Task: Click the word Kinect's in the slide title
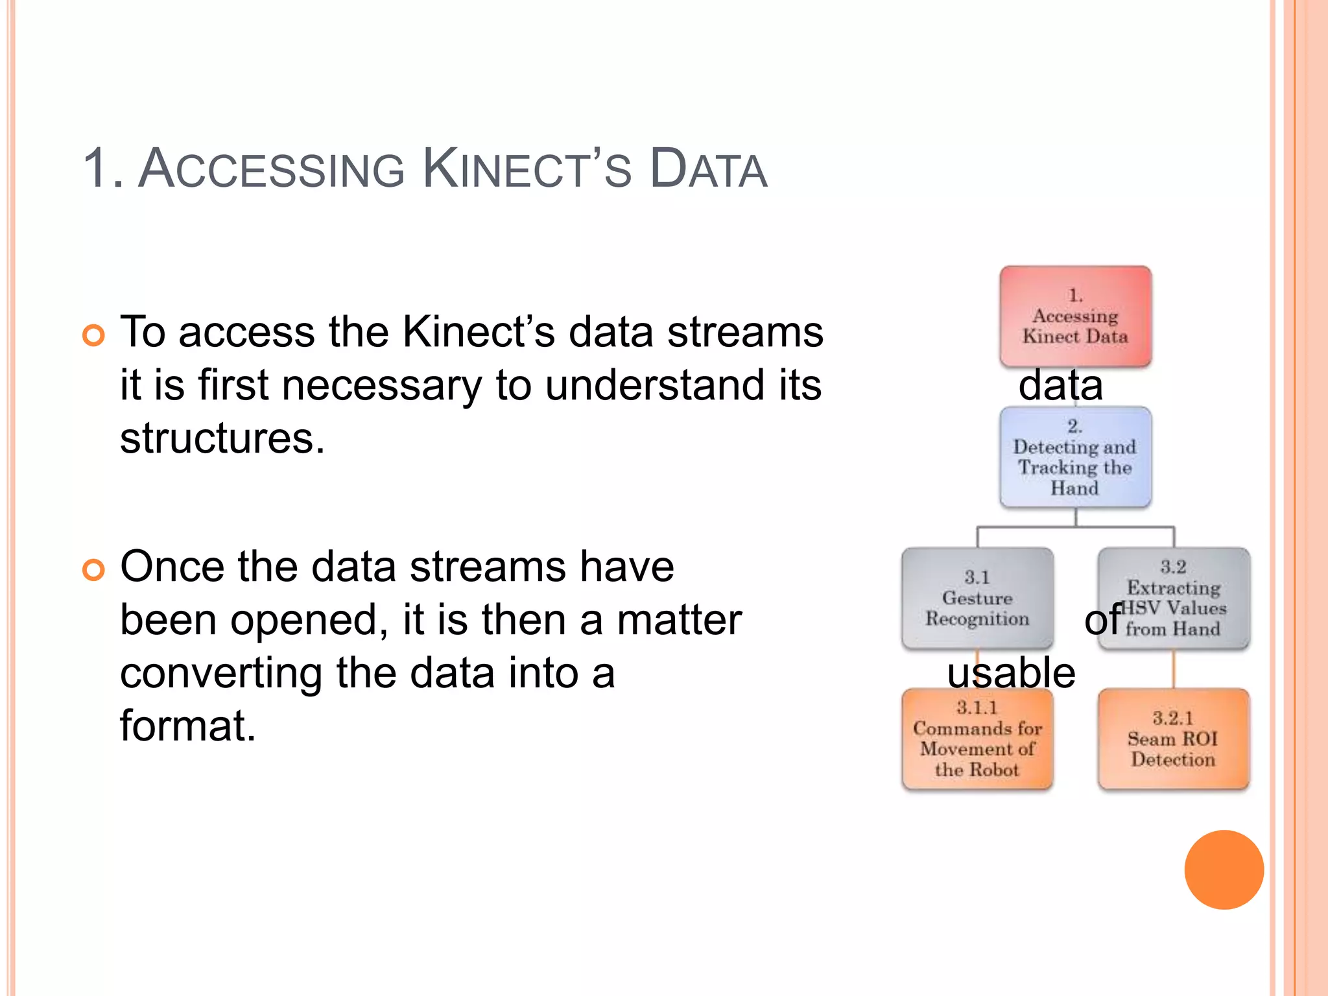(527, 170)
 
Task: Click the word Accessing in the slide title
(272, 170)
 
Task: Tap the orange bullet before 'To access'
(93, 335)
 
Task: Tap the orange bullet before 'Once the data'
(93, 570)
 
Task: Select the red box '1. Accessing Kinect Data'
(1075, 316)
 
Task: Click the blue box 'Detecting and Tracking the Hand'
(1075, 457)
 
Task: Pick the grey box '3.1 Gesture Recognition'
(977, 598)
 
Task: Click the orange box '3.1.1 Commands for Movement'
(977, 739)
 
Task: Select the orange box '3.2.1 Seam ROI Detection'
(1173, 739)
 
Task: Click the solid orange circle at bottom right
(1224, 870)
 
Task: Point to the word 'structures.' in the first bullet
(222, 438)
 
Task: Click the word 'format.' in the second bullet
(187, 726)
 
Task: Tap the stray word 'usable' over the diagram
(1011, 672)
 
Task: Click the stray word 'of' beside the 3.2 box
(1102, 620)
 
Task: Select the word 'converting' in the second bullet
(220, 673)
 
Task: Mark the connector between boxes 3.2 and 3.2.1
(1173, 669)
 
